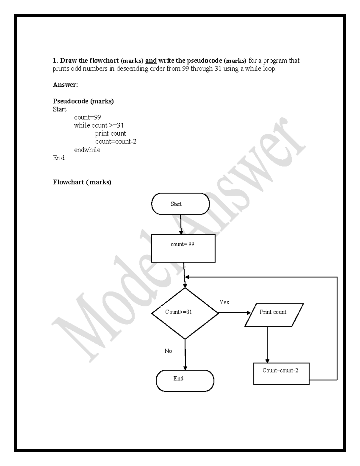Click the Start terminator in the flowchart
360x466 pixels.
(x=180, y=204)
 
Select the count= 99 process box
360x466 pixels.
(x=183, y=248)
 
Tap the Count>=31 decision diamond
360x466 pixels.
(x=185, y=313)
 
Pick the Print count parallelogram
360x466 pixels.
(x=274, y=315)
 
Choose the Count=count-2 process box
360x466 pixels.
(x=281, y=374)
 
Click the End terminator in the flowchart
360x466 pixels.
(x=185, y=380)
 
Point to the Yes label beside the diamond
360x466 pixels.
(x=224, y=302)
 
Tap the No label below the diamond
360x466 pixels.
(x=168, y=351)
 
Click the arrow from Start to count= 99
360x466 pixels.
(x=181, y=224)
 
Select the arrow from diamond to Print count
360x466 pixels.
(x=234, y=313)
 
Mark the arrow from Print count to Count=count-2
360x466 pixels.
(x=267, y=345)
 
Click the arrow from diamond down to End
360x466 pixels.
(x=185, y=354)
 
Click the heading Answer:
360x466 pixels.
(x=65, y=85)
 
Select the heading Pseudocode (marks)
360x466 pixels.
(x=83, y=101)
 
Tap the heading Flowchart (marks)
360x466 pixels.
(x=82, y=182)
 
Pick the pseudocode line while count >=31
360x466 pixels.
(x=99, y=125)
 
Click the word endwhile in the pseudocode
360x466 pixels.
(x=87, y=150)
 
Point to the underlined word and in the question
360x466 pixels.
(x=151, y=61)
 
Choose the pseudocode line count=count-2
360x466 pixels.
(x=116, y=141)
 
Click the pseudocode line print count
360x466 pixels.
(x=110, y=133)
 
